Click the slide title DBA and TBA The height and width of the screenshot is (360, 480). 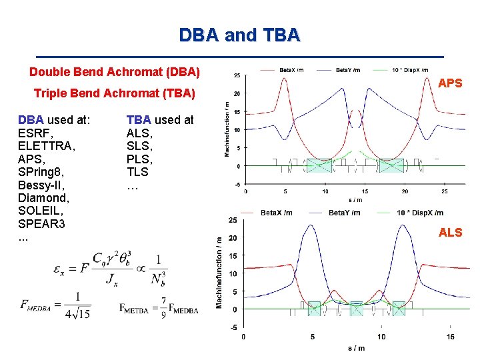point(239,34)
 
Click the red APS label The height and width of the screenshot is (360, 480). point(450,83)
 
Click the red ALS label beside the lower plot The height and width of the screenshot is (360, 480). point(450,232)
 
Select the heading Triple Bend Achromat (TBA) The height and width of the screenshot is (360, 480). point(114,94)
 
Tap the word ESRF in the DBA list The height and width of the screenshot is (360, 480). point(33,133)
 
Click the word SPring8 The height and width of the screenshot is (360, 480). point(41,172)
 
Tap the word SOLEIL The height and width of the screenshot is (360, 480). point(39,211)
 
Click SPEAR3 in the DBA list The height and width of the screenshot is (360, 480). point(41,224)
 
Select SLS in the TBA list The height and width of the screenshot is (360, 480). point(139,146)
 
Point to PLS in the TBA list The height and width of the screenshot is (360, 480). point(139,159)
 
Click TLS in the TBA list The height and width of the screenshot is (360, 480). point(139,172)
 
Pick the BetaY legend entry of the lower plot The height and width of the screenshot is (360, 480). point(343,213)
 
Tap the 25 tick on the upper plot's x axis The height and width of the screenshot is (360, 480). point(445,191)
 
